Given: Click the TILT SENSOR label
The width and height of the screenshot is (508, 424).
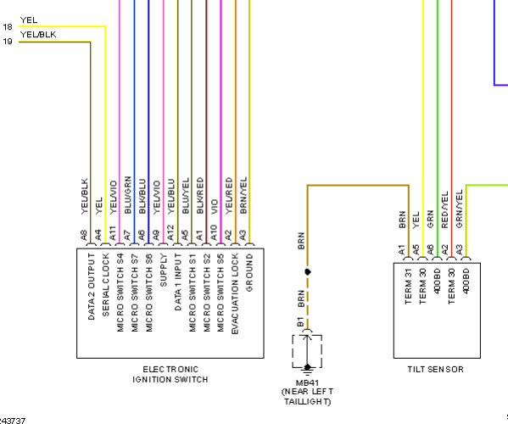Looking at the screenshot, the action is click(x=435, y=369).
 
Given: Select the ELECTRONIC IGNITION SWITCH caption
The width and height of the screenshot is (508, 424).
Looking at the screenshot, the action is click(x=170, y=375).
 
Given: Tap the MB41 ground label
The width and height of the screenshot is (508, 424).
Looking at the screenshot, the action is click(x=307, y=382).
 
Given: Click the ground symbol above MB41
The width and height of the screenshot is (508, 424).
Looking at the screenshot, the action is click(x=307, y=369).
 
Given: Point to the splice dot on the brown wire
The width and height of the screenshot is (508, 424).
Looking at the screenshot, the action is click(x=308, y=271).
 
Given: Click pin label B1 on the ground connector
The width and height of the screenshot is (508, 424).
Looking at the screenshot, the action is click(x=300, y=322).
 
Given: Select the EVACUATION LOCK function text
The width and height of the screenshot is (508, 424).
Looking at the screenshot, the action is click(x=235, y=293).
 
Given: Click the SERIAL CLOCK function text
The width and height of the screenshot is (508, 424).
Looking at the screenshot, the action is click(x=106, y=285).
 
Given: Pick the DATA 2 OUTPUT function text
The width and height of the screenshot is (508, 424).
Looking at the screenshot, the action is click(x=92, y=287).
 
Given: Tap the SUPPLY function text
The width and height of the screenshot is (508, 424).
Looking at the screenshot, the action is click(x=164, y=271).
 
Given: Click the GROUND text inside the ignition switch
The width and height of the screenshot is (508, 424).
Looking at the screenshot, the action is click(x=249, y=273).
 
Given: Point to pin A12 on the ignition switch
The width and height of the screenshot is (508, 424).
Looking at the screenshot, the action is click(x=170, y=233).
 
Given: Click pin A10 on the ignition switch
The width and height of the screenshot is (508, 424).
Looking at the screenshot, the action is click(x=214, y=233).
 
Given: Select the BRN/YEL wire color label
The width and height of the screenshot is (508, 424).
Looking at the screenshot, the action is click(x=243, y=195).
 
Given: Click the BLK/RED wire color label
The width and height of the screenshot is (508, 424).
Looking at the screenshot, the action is click(x=200, y=195).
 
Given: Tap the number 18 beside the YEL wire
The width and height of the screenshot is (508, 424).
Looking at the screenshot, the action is click(x=8, y=27).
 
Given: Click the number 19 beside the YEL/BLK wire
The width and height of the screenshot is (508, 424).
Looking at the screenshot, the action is click(x=8, y=42).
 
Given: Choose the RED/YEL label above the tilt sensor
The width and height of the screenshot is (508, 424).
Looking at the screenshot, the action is click(x=444, y=209).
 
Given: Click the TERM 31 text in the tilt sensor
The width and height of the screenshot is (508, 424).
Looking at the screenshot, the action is click(x=408, y=287).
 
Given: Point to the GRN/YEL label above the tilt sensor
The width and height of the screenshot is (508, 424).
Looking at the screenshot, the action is click(x=459, y=209).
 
